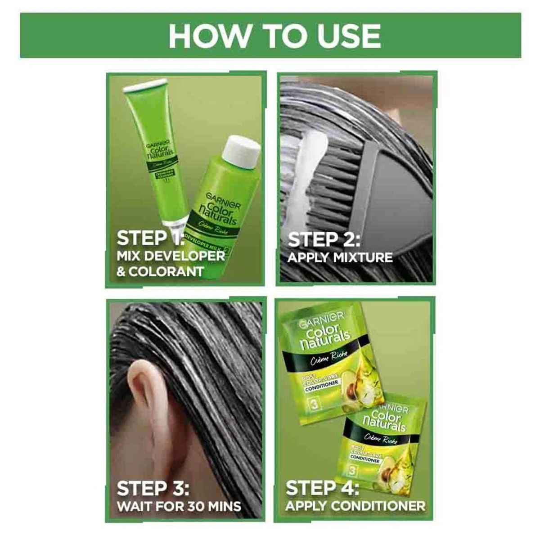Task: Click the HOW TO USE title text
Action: click(x=274, y=36)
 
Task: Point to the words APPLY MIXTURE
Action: click(x=340, y=258)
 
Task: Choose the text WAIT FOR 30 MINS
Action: click(x=179, y=505)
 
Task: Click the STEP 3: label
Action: click(x=153, y=488)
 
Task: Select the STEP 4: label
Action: click(x=322, y=488)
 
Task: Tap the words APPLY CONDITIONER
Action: click(x=355, y=505)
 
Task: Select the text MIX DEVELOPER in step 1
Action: click(x=171, y=256)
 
